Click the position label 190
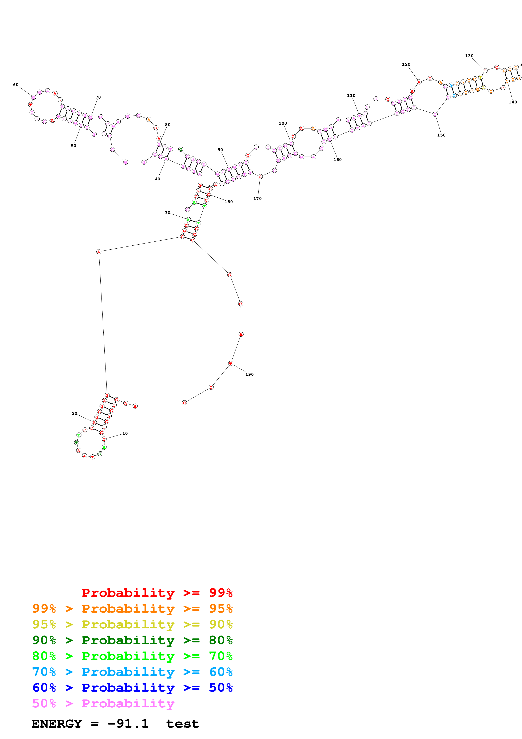[249, 374]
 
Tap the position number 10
[125, 433]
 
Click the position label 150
[441, 135]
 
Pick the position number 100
[283, 123]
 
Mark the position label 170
[257, 199]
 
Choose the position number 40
[158, 179]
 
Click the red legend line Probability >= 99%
[157, 593]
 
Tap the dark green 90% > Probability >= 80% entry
[132, 640]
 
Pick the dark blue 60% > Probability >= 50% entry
[132, 688]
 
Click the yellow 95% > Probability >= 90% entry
[132, 624]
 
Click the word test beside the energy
[182, 724]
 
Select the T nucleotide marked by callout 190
[230, 363]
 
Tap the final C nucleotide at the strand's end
[184, 403]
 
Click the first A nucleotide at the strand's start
[135, 406]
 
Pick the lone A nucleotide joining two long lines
[99, 252]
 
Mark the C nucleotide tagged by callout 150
[435, 114]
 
